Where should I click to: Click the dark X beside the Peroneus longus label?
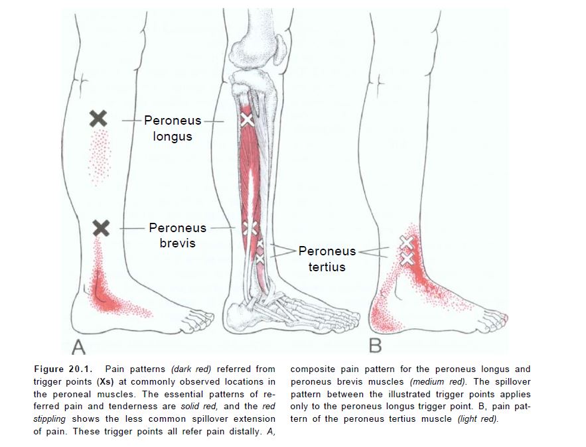[x=98, y=119]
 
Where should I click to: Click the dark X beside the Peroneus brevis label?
[x=101, y=228]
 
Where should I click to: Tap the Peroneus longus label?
[x=172, y=129]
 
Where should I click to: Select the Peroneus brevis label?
[x=177, y=235]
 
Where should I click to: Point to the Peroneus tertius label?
[x=327, y=259]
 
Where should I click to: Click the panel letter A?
[x=78, y=346]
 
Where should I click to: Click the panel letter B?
[x=375, y=346]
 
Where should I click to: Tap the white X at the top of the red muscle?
[x=247, y=119]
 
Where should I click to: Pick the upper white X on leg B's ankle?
[x=407, y=243]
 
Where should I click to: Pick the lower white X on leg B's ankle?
[x=407, y=257]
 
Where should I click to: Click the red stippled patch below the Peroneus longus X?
[x=100, y=156]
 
